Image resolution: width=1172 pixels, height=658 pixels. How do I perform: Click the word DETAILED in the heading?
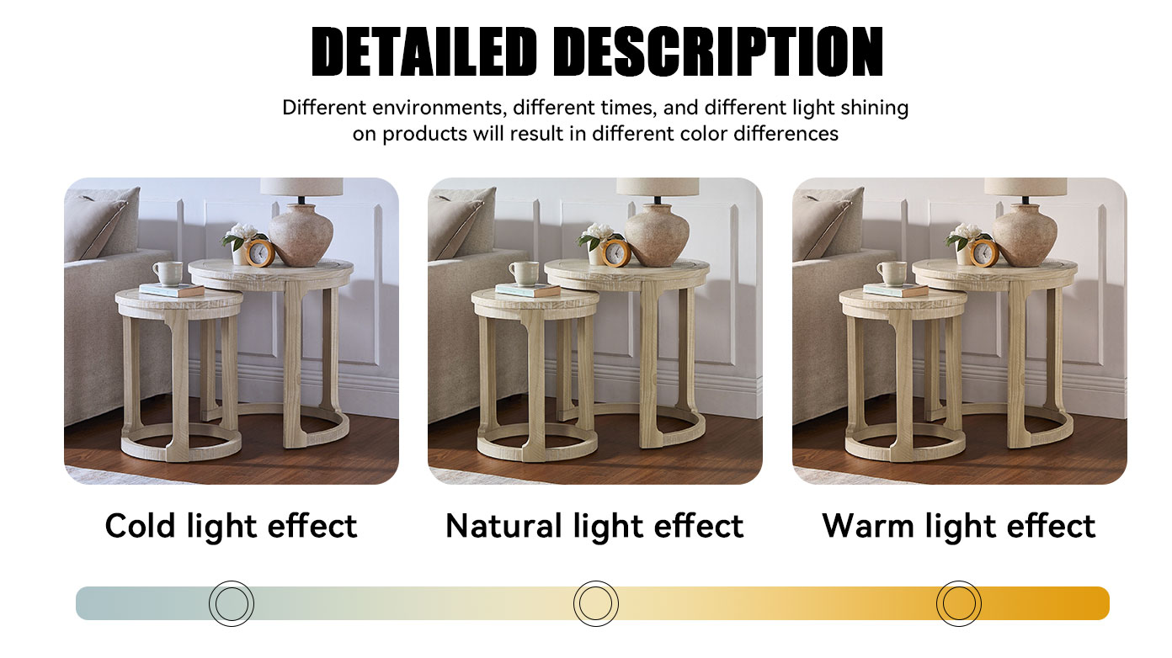click(424, 52)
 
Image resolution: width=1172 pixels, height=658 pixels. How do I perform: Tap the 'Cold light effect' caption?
click(232, 526)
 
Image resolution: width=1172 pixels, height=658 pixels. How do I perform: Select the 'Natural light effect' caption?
click(594, 526)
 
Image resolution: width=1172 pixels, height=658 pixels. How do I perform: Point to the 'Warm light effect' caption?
click(958, 526)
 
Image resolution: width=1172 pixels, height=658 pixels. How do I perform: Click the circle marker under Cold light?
click(232, 603)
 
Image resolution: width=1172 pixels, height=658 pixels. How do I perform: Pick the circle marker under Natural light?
click(595, 603)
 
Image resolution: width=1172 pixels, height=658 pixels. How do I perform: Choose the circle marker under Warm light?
click(958, 603)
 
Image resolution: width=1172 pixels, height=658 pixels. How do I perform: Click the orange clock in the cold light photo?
click(259, 253)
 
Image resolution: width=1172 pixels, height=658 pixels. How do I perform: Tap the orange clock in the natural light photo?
click(615, 253)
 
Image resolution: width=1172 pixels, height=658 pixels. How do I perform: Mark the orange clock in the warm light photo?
click(983, 253)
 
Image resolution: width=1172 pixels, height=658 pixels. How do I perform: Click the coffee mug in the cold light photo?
click(168, 273)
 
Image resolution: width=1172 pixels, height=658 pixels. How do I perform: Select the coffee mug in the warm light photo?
click(892, 273)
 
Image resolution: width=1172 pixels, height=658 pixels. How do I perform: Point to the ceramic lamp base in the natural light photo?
click(658, 234)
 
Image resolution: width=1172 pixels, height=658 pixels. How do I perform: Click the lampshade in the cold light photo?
click(301, 187)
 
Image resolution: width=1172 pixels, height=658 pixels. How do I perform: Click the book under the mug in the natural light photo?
click(527, 290)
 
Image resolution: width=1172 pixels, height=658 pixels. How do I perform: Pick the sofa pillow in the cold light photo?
click(102, 224)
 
